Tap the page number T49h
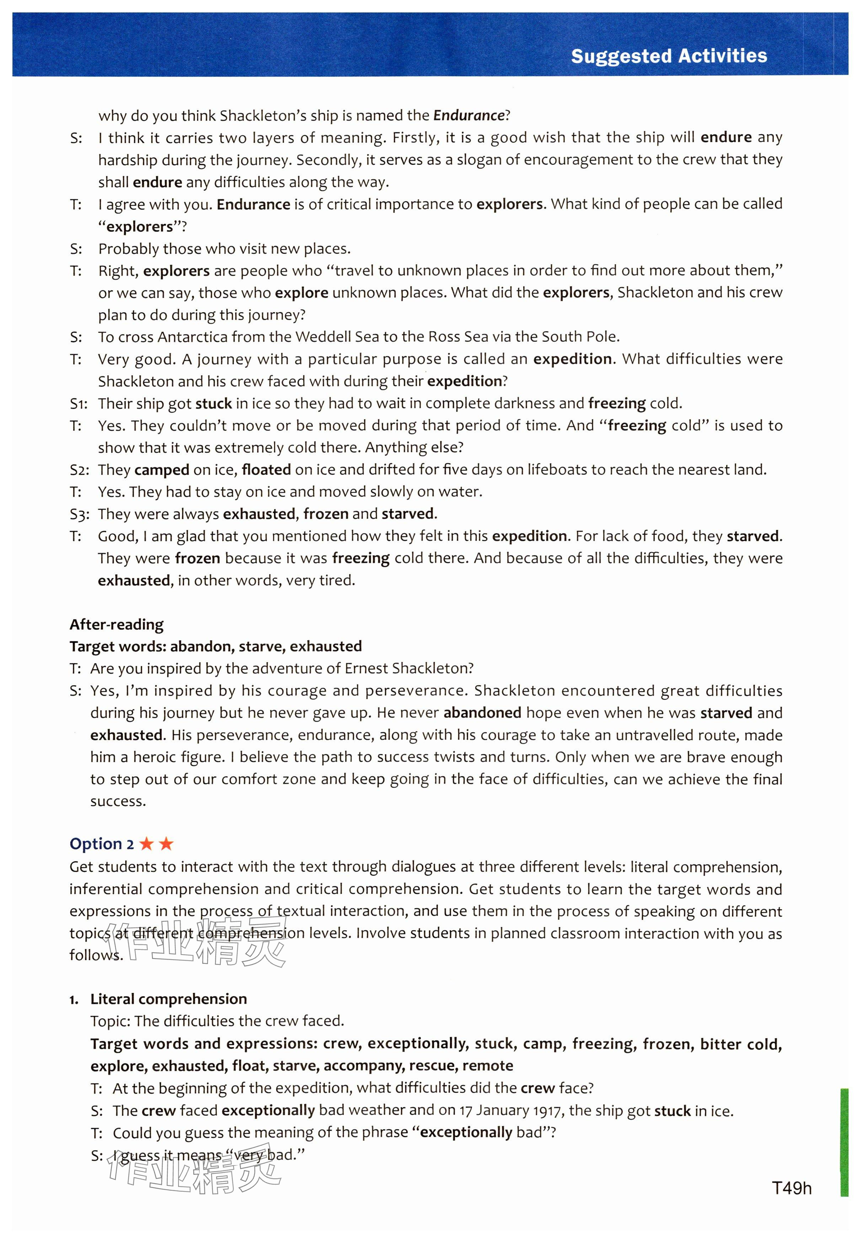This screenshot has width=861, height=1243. [791, 1188]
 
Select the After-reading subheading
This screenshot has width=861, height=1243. [117, 625]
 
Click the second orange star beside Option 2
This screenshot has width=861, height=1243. [166, 844]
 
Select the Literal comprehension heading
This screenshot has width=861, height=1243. [168, 999]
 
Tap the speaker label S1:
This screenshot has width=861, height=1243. [79, 404]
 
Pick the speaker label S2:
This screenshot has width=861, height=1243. [79, 470]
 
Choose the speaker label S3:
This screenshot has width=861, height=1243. [79, 514]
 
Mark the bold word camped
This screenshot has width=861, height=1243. [161, 470]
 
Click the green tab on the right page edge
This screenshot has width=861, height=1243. [844, 1142]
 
